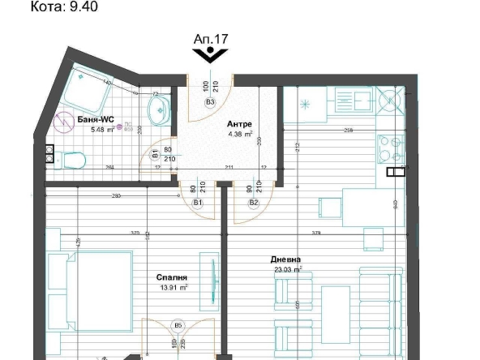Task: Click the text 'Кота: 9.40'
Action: [x=62, y=8]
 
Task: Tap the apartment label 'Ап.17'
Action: [x=210, y=38]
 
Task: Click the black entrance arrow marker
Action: [x=210, y=54]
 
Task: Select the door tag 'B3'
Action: [x=210, y=103]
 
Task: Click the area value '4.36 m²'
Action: [x=240, y=135]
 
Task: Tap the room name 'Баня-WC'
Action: [x=95, y=119]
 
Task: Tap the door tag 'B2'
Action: [x=253, y=203]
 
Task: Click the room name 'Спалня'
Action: [x=172, y=277]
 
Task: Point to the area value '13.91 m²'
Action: [x=172, y=287]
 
